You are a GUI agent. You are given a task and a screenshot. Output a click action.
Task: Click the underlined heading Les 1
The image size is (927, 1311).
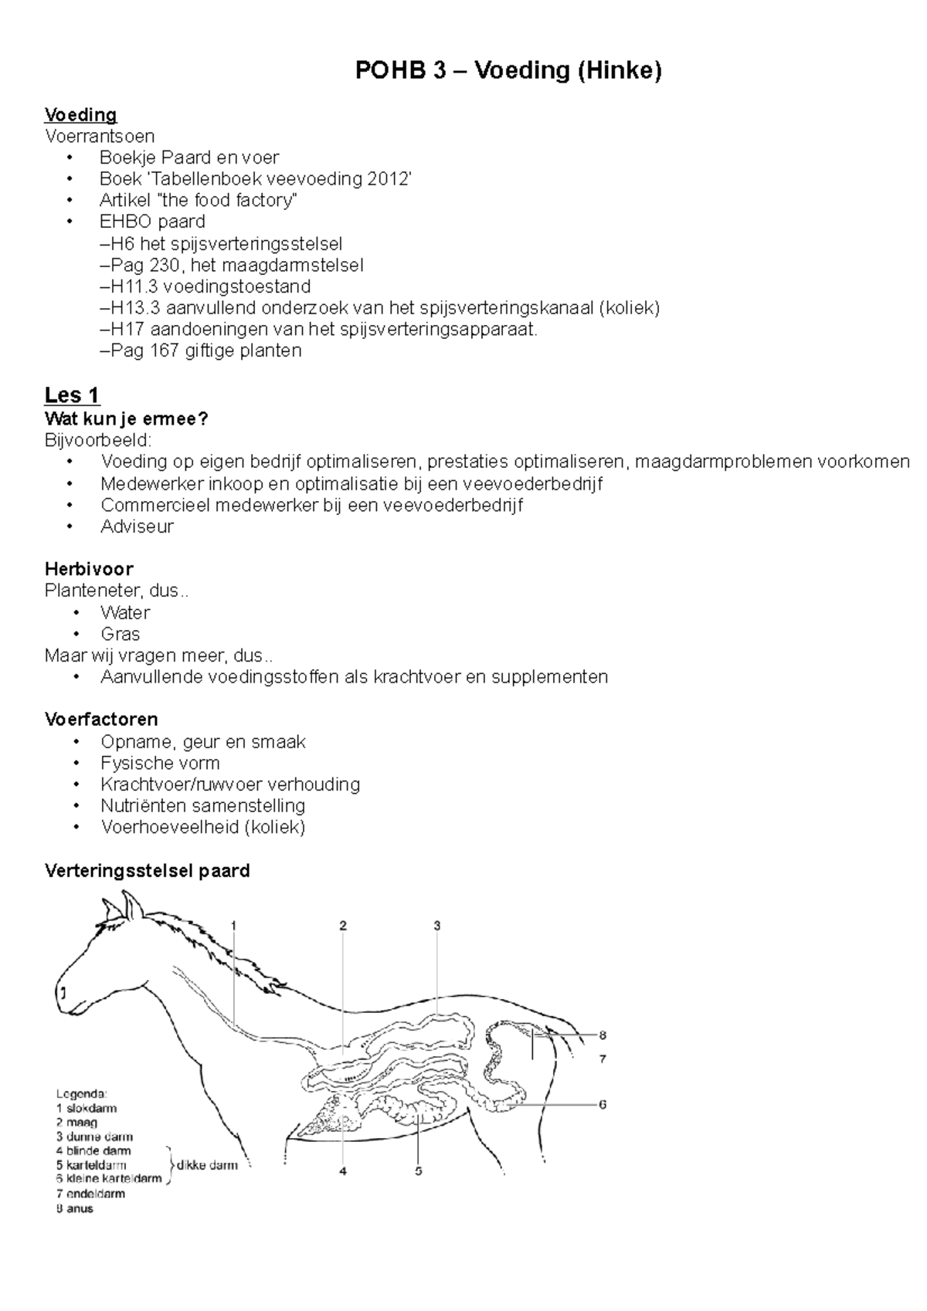(72, 395)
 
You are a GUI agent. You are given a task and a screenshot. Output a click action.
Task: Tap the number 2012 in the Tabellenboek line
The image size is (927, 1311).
(388, 179)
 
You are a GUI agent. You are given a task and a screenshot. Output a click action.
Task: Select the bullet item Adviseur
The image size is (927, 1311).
(137, 527)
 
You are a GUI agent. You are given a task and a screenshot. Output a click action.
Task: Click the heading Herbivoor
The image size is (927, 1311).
(89, 569)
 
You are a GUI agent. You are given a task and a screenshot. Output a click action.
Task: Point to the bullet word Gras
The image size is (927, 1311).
(120, 634)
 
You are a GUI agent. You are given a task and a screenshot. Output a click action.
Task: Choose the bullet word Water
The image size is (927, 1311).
(124, 612)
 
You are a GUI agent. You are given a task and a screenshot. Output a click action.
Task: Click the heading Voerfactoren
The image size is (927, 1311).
(101, 720)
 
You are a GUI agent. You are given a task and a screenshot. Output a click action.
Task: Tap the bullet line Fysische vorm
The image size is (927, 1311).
(160, 763)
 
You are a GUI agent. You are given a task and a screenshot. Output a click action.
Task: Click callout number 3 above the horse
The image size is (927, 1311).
(436, 926)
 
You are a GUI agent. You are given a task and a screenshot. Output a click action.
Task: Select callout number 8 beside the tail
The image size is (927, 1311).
(603, 1035)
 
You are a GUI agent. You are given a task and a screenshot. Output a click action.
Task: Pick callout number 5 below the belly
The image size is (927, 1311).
(418, 1171)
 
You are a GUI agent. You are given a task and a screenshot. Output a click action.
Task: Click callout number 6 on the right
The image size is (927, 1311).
(603, 1104)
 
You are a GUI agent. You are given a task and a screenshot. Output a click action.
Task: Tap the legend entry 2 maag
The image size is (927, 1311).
(76, 1123)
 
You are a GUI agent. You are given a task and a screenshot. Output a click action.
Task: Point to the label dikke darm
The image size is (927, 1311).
(207, 1165)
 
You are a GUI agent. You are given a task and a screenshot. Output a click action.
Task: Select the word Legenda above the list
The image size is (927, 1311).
(81, 1093)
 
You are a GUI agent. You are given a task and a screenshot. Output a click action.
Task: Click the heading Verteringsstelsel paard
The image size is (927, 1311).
(147, 871)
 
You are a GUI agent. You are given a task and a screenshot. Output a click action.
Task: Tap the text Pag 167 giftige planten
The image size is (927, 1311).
(201, 351)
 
